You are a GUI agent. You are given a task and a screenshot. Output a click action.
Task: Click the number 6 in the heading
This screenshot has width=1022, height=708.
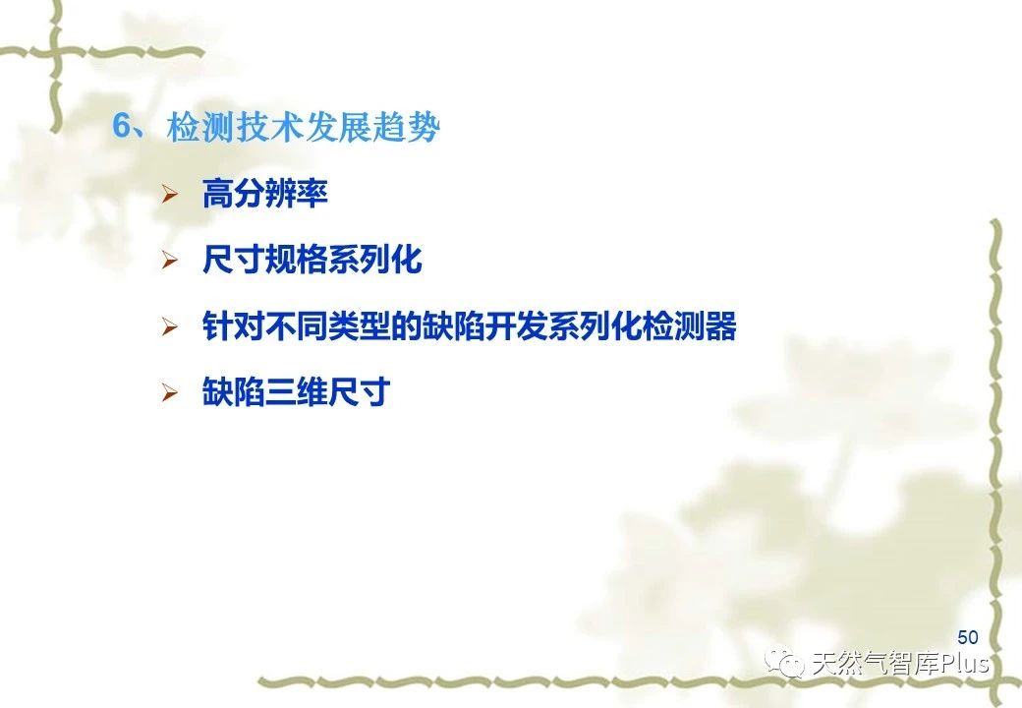(x=122, y=126)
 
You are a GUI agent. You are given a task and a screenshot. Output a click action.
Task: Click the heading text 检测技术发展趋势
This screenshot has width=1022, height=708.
(x=303, y=127)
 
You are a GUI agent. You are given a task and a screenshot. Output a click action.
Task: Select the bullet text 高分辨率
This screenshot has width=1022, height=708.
(x=264, y=194)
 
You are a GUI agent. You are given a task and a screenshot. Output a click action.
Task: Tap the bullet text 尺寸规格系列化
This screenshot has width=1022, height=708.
(x=312, y=260)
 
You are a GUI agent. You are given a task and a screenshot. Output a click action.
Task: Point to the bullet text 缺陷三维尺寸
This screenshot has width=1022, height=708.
(x=297, y=391)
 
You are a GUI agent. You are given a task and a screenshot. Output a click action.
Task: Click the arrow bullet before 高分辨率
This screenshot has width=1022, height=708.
(x=170, y=195)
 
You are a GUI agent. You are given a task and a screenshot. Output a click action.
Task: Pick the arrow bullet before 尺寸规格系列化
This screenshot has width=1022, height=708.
(x=170, y=261)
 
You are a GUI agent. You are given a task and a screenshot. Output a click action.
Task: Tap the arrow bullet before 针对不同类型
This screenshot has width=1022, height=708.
(x=170, y=326)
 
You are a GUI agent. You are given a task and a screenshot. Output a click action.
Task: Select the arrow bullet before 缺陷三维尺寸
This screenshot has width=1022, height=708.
(x=170, y=392)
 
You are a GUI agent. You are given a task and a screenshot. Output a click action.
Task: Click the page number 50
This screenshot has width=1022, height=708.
(x=968, y=637)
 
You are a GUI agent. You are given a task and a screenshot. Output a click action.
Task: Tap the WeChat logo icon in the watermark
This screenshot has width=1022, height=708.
(x=785, y=663)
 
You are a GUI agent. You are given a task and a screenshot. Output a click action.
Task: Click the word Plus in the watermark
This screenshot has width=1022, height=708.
(x=964, y=664)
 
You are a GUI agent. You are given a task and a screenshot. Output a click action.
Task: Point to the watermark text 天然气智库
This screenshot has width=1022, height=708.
(x=875, y=664)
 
